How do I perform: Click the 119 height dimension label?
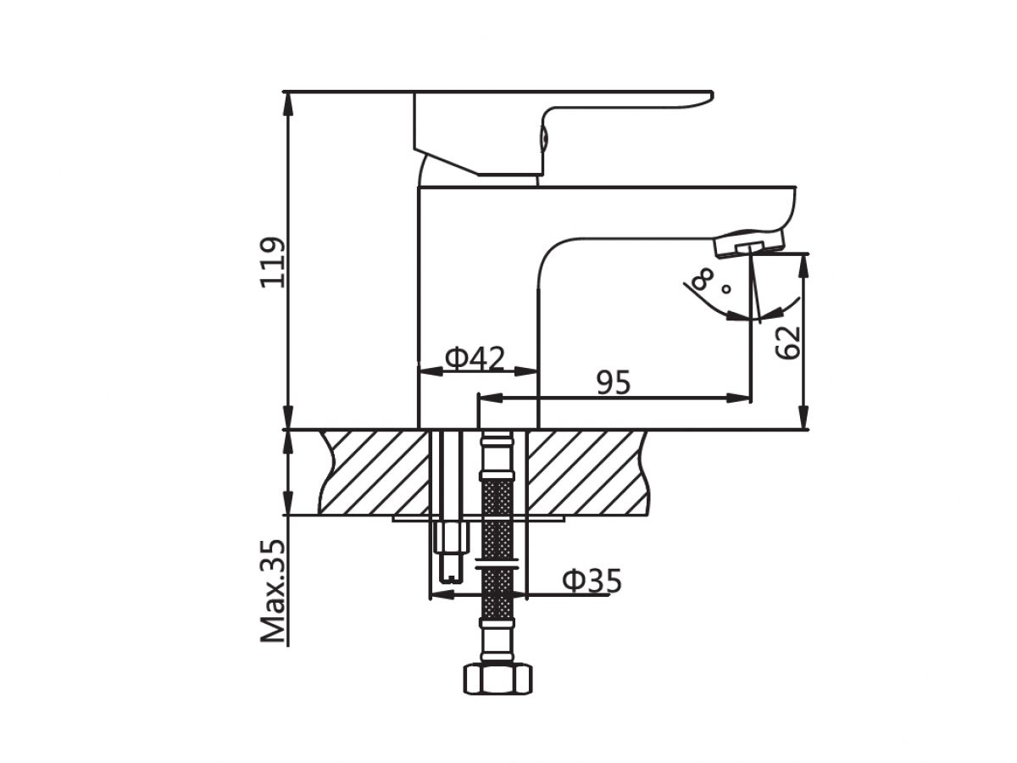tap(272, 262)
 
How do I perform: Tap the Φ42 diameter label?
tap(474, 358)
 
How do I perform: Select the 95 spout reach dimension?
tap(614, 382)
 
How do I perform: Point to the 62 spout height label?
tap(787, 343)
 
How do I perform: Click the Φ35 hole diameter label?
tap(592, 581)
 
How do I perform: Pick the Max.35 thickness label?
tap(272, 591)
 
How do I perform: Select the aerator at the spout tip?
tap(749, 243)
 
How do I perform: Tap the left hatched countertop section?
tap(375, 472)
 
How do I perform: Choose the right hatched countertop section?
tap(588, 472)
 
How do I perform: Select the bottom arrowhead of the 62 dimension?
tap(804, 417)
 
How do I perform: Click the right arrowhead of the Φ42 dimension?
tap(525, 370)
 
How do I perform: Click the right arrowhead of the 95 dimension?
tap(738, 398)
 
